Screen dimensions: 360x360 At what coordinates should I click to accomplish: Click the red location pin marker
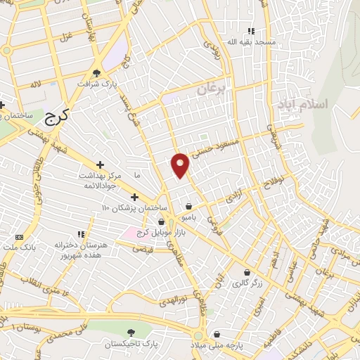[181, 165]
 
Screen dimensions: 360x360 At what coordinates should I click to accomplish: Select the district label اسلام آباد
[303, 105]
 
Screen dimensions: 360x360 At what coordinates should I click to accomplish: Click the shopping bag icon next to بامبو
[189, 206]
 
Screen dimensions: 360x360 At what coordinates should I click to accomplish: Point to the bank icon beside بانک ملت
[18, 237]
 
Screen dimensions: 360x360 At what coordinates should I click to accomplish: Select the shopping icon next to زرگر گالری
[247, 272]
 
